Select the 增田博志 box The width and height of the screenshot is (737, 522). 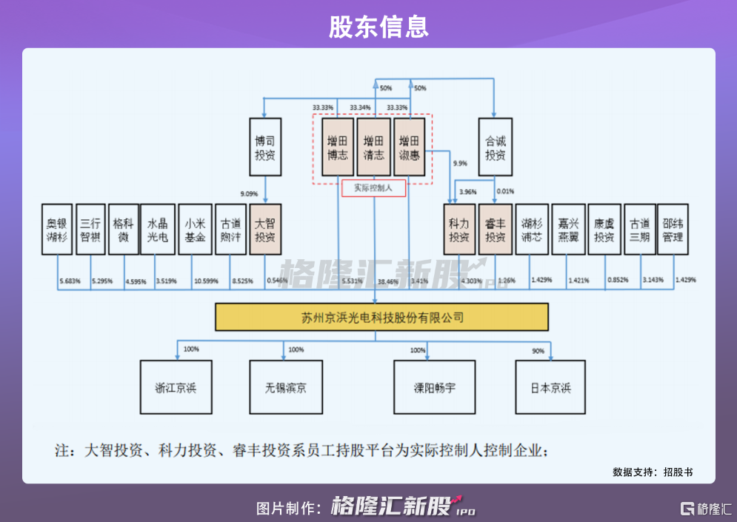pos(337,147)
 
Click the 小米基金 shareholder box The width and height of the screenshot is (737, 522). pos(196,230)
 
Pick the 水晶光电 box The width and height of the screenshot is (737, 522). pos(158,230)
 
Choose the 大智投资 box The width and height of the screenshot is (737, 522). pos(265,230)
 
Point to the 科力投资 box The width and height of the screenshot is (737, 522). pos(459,230)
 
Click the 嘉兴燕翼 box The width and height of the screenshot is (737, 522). pos(569,230)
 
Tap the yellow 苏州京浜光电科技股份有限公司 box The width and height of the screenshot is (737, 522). pos(381,318)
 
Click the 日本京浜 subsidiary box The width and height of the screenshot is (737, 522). pos(550,387)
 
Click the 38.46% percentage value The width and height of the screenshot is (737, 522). pos(387,281)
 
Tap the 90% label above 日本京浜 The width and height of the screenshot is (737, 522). pos(538,350)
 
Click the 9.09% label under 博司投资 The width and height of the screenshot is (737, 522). pos(250,193)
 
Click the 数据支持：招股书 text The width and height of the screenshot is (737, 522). pos(653,472)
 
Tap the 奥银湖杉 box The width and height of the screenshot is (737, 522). pos(57,230)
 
